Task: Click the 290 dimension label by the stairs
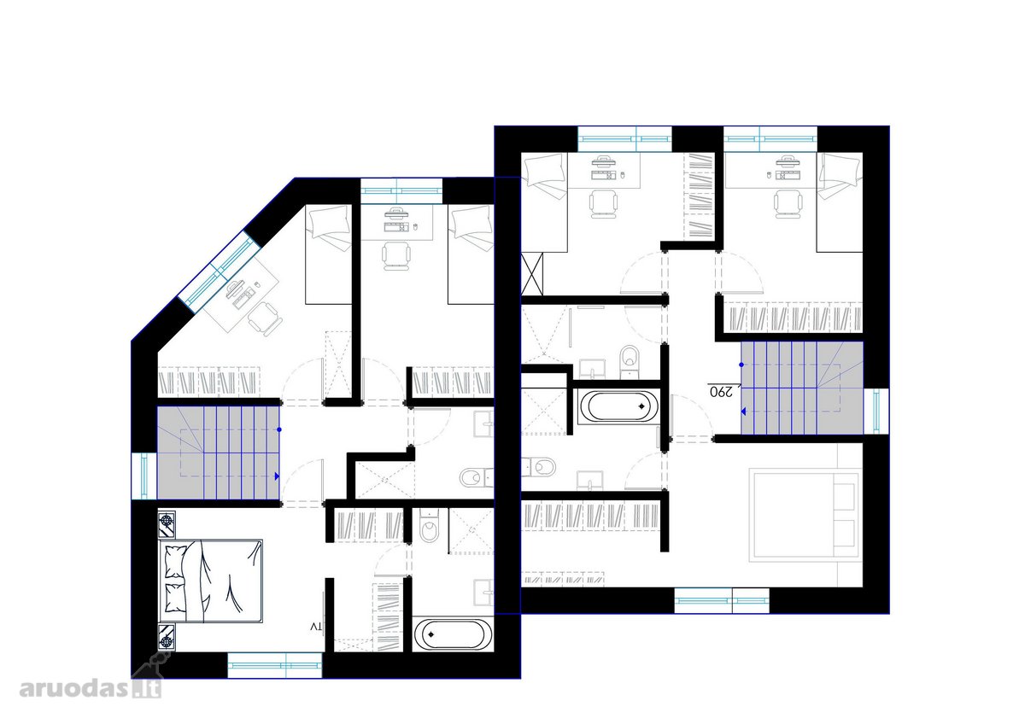[x=721, y=392]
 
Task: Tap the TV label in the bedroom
[x=317, y=627]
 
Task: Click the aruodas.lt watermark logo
[x=91, y=687]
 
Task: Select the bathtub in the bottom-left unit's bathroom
[x=453, y=634]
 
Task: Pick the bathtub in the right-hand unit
[x=618, y=406]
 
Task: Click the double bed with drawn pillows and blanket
[x=211, y=581]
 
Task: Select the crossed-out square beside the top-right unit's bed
[x=532, y=273]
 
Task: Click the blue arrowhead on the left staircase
[x=277, y=476]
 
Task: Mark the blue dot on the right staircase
[x=741, y=365]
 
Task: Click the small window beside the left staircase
[x=144, y=476]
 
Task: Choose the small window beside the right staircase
[x=876, y=411]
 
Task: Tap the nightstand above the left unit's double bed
[x=167, y=524]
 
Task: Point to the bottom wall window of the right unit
[x=722, y=600]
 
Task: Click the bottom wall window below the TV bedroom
[x=274, y=665]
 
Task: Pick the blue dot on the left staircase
[x=279, y=429]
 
